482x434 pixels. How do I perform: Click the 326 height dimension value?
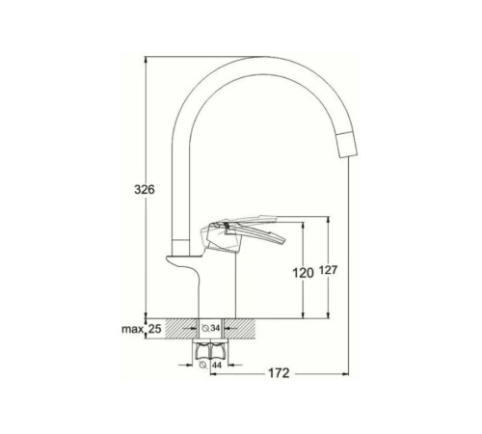[x=145, y=190]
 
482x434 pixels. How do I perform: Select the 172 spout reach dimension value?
[x=279, y=373]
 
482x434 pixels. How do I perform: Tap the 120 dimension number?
[x=303, y=273]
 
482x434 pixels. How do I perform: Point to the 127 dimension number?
[x=328, y=270]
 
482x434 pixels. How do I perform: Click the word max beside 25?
[x=132, y=329]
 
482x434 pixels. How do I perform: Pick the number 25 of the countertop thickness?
[x=154, y=329]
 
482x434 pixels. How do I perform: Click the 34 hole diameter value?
[x=215, y=328]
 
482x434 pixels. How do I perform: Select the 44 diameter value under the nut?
[x=217, y=365]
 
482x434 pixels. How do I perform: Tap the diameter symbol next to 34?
[x=205, y=328]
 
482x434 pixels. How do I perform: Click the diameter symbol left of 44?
[x=203, y=365]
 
